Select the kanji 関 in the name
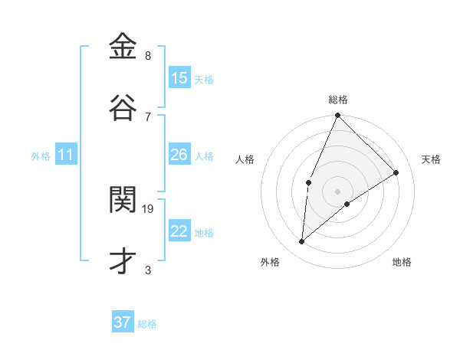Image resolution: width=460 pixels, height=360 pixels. tap(123, 200)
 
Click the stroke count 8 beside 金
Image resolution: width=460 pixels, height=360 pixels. tap(148, 56)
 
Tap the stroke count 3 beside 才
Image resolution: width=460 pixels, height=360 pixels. tap(148, 270)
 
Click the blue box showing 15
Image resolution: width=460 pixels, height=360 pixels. tap(179, 78)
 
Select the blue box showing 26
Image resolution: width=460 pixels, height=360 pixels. tap(179, 155)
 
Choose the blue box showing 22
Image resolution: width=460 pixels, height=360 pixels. tap(179, 231)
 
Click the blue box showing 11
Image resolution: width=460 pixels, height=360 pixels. tap(66, 155)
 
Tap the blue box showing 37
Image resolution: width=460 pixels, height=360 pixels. tap(122, 322)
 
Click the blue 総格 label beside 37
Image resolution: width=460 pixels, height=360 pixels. tap(147, 324)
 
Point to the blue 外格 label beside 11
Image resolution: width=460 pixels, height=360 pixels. tap(41, 156)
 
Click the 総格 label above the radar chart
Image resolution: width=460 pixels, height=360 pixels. tap(338, 100)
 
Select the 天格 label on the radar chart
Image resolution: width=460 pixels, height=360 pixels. tap(432, 159)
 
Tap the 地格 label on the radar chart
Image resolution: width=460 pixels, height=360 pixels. tap(402, 262)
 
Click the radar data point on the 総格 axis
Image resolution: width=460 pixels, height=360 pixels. tap(337, 116)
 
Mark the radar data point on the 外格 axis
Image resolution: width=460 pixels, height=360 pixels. tap(302, 242)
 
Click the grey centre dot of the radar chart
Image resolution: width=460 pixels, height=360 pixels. tap(337, 191)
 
